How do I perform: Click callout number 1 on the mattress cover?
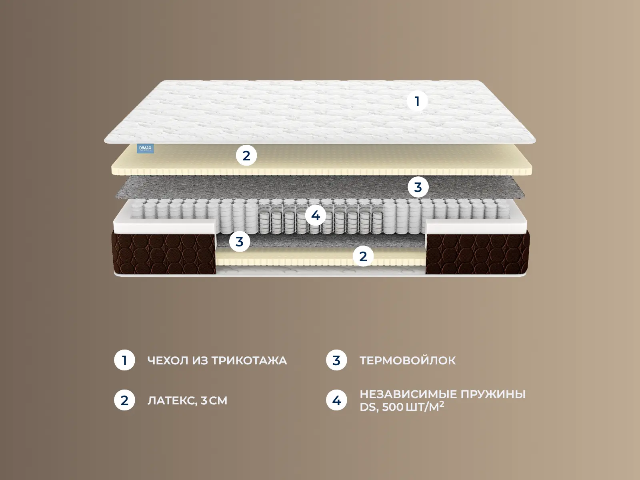[x=417, y=101]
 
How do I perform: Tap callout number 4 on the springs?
[x=316, y=216]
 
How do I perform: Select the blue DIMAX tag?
[x=146, y=148]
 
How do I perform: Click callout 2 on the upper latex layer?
[x=246, y=156]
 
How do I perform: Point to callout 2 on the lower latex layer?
[x=363, y=256]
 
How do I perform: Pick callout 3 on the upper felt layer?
[x=418, y=187]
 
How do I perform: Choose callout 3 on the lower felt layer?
[x=239, y=242]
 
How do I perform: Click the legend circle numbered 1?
[x=124, y=360]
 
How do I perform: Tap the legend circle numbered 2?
[x=124, y=400]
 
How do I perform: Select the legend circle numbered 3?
[x=336, y=360]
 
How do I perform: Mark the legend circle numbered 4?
[x=336, y=400]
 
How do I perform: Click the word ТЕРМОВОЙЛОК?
[x=408, y=361]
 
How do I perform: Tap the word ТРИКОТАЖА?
[x=249, y=361]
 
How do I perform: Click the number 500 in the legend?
[x=393, y=407]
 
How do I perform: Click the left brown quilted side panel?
[x=164, y=253]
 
